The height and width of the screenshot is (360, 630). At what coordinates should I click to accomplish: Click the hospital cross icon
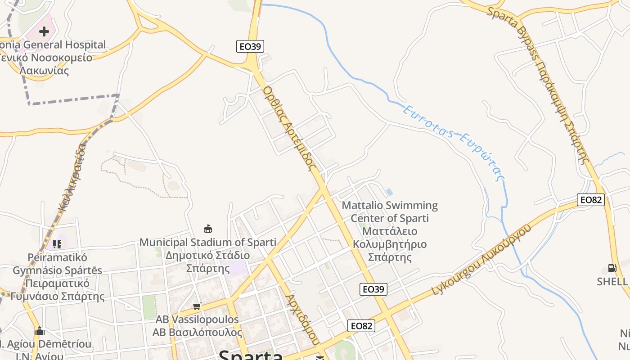tap(44, 31)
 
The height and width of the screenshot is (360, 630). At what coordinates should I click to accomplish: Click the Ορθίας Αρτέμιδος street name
tap(288, 128)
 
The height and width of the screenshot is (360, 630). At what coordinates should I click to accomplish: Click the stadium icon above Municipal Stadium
tap(208, 229)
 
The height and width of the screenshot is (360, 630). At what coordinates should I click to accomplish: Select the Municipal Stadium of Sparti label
tap(207, 255)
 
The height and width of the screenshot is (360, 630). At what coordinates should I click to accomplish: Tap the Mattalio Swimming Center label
tap(390, 231)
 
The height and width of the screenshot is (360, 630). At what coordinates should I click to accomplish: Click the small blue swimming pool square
tap(389, 192)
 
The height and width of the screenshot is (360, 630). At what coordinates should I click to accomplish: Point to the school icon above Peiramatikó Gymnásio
tap(57, 244)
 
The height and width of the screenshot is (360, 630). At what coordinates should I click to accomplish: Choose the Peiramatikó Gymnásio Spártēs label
tap(57, 277)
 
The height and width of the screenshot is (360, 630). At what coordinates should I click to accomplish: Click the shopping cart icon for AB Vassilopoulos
tap(197, 306)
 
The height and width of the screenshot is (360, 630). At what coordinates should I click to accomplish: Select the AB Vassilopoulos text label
tap(197, 326)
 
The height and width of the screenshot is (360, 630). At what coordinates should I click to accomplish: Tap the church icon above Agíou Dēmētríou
tap(40, 331)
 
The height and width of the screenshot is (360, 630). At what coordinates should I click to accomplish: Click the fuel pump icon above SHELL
tap(612, 268)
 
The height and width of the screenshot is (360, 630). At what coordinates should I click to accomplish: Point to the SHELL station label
tap(612, 282)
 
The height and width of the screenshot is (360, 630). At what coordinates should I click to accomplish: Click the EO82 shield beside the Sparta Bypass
tap(590, 199)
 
